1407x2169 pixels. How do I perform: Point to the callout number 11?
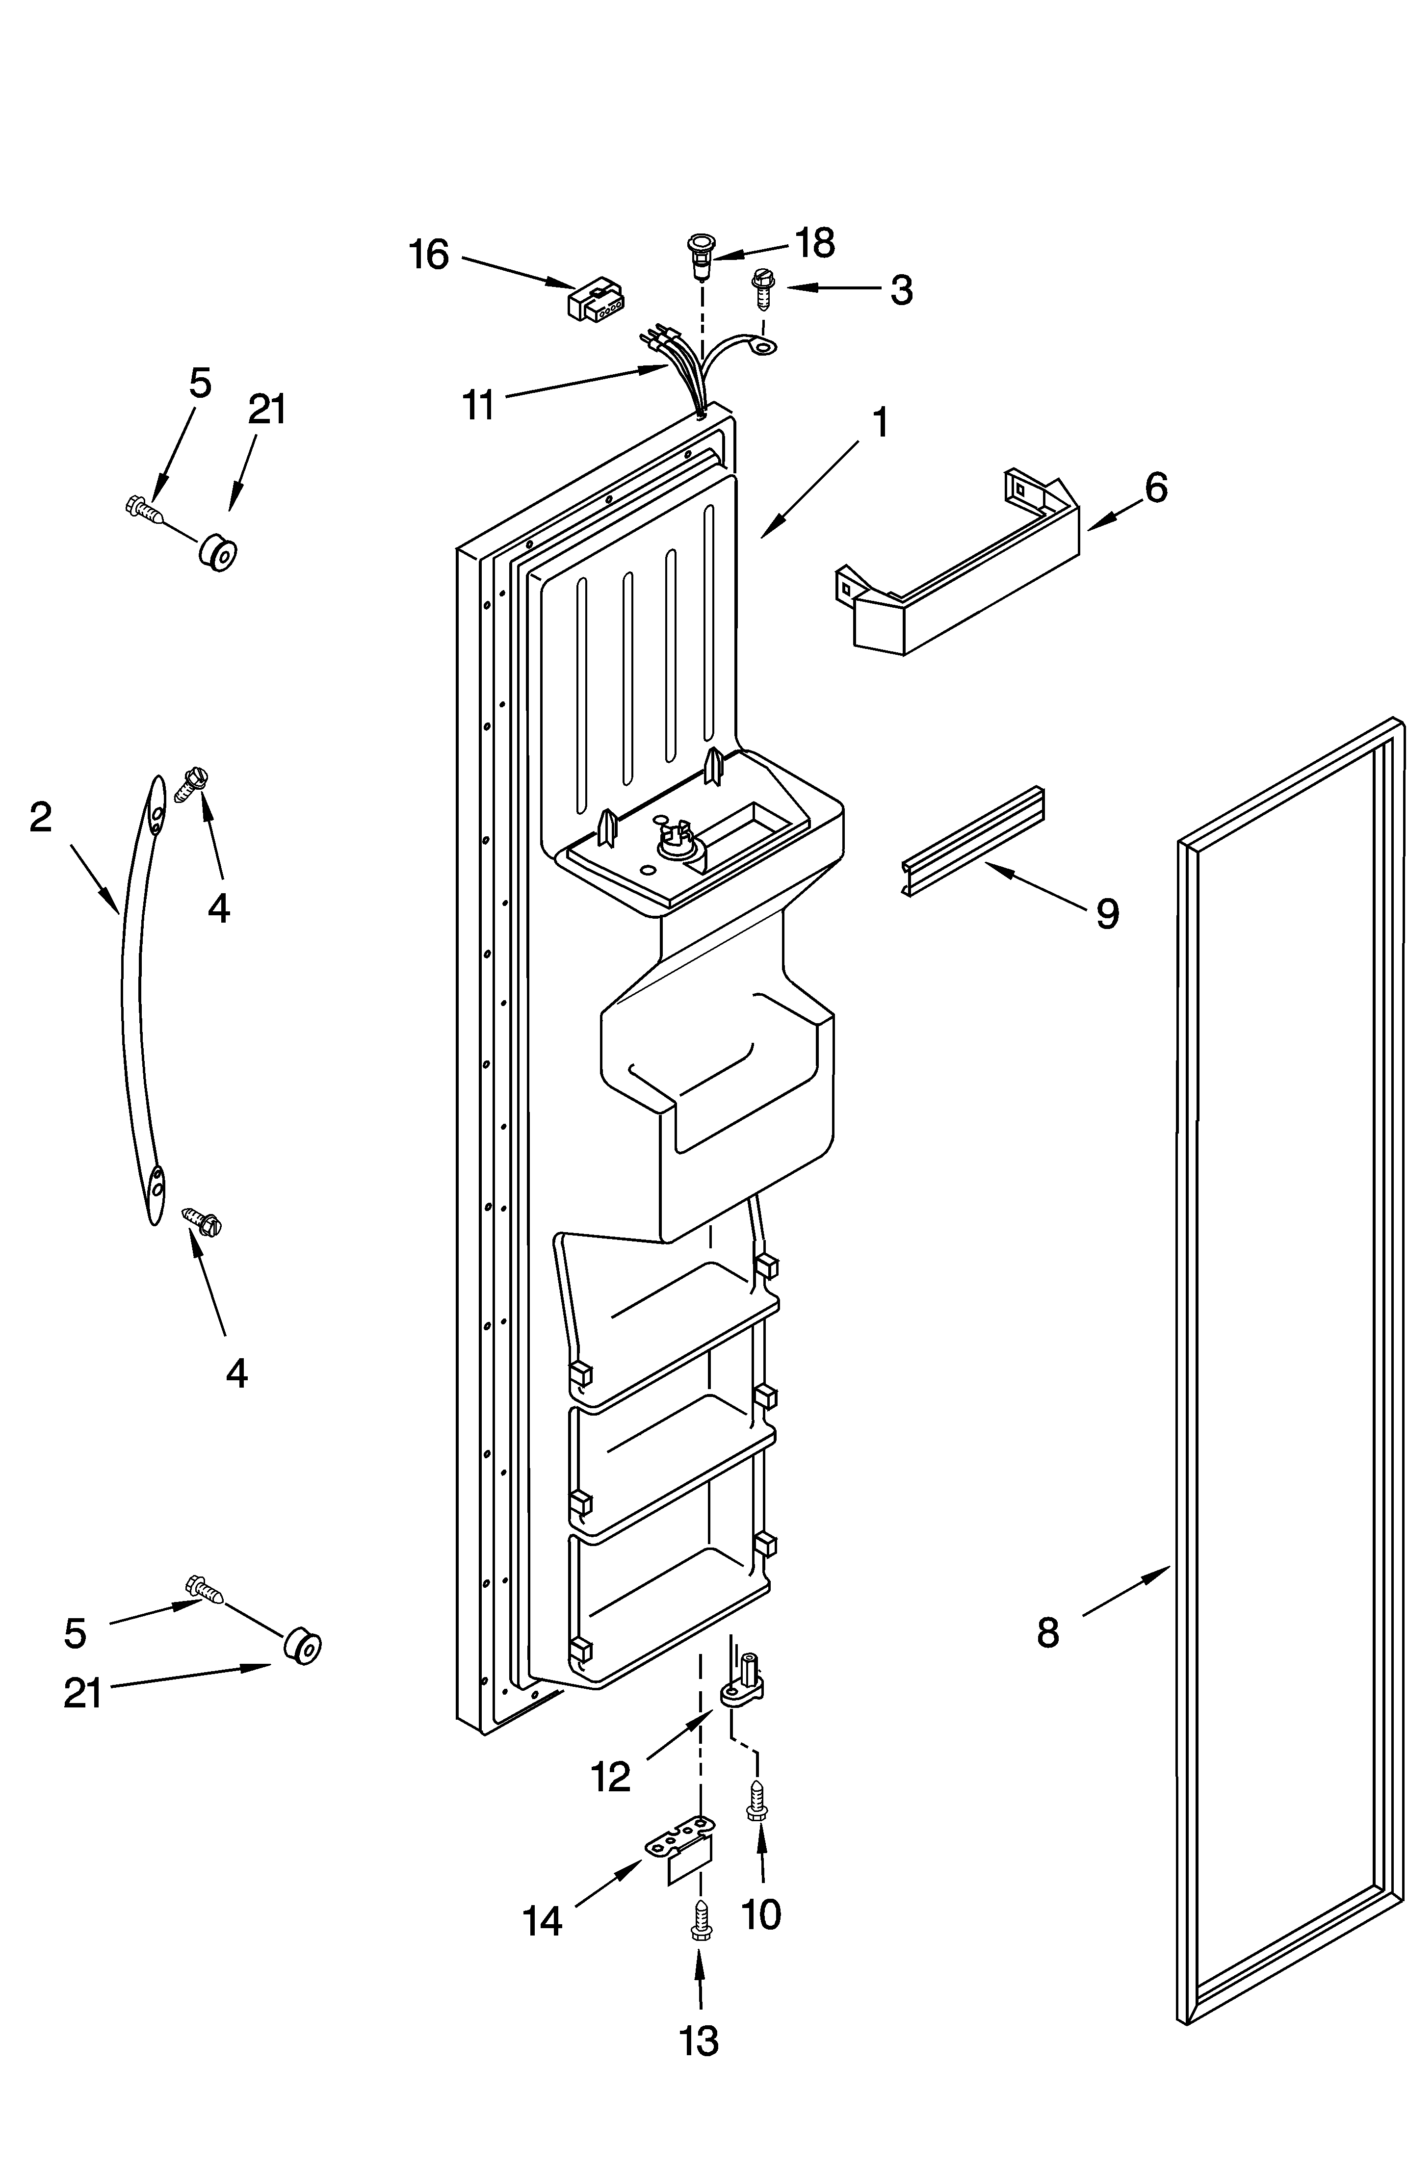[478, 405]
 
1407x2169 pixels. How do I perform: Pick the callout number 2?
[41, 818]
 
